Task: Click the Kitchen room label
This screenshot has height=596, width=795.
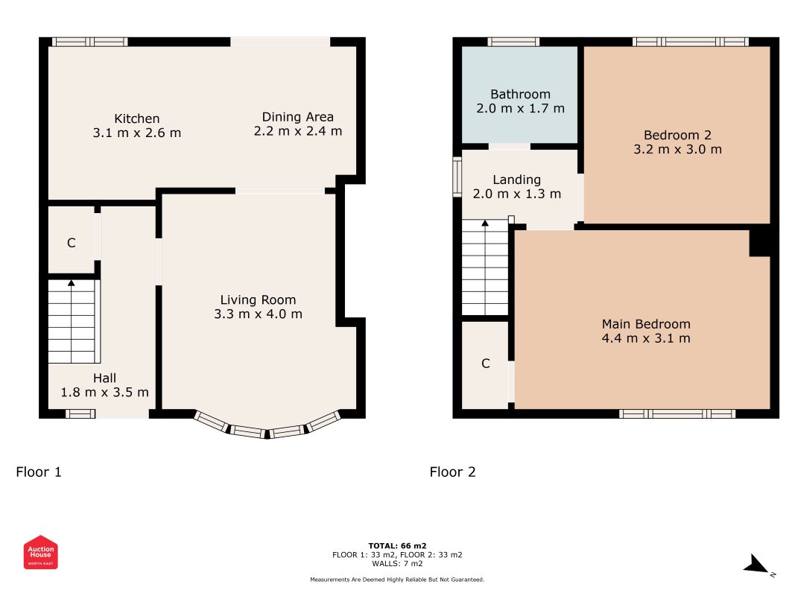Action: (x=137, y=118)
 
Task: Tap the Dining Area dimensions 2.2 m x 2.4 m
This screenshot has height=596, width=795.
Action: (x=298, y=131)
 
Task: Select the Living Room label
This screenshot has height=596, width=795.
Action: (x=258, y=300)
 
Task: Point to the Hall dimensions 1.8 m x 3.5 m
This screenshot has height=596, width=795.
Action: (x=104, y=393)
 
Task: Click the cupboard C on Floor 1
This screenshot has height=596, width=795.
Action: (x=72, y=243)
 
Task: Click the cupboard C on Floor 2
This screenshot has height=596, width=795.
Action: (x=486, y=364)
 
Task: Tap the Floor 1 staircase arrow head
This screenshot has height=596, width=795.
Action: (x=72, y=283)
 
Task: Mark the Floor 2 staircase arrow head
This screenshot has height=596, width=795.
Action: (x=485, y=223)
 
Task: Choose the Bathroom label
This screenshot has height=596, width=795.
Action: (x=521, y=95)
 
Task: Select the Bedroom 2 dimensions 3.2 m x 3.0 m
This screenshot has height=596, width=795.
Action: (x=678, y=150)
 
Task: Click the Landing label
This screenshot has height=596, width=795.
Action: (x=516, y=180)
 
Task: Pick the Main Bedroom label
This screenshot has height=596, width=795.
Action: (x=646, y=324)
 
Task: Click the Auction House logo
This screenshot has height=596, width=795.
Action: (x=40, y=552)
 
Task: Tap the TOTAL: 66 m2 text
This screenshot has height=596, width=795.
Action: (x=398, y=546)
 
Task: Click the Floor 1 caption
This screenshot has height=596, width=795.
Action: (x=39, y=472)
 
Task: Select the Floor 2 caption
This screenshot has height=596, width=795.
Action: (x=453, y=472)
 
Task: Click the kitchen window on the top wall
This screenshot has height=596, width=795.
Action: (x=89, y=42)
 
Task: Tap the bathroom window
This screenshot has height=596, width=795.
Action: (x=513, y=42)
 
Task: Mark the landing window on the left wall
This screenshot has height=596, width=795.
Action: (x=457, y=177)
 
